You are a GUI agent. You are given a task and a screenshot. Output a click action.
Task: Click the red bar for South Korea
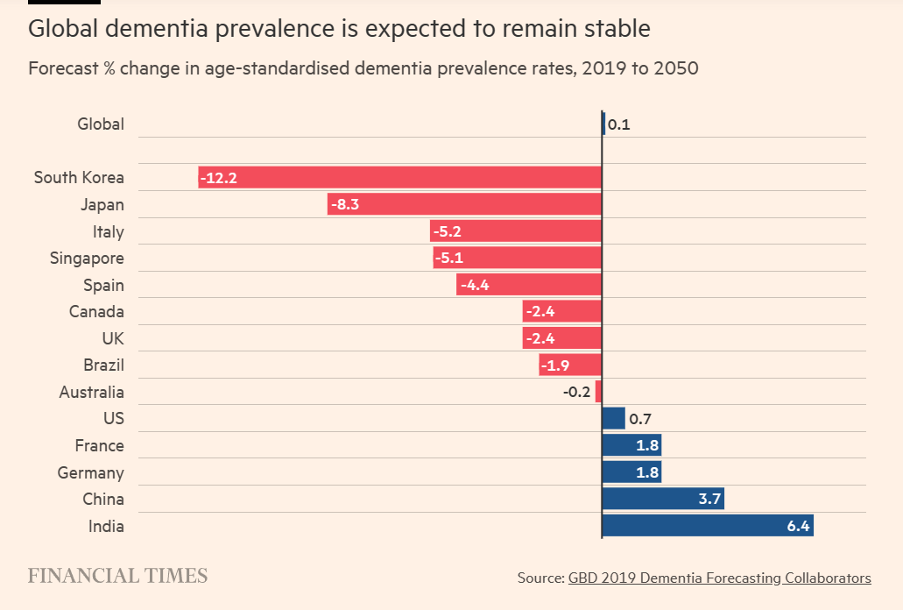click(x=399, y=177)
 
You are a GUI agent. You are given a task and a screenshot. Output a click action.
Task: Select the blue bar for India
click(x=708, y=526)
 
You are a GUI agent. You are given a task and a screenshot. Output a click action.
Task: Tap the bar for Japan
click(x=464, y=204)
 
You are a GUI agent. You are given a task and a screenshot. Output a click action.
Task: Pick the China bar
click(x=663, y=499)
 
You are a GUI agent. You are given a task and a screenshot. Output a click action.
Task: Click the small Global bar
click(x=603, y=124)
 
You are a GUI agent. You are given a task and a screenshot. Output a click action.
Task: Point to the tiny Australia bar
click(x=598, y=392)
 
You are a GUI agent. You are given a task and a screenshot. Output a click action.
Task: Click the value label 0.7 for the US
click(x=640, y=419)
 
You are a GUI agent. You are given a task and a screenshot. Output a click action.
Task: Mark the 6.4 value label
click(x=799, y=526)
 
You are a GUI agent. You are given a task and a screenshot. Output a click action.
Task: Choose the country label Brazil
click(x=103, y=365)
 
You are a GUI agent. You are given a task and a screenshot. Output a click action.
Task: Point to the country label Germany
click(x=90, y=472)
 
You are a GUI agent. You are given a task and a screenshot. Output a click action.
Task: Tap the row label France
click(x=99, y=445)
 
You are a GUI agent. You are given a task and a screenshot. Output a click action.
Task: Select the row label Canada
click(x=96, y=311)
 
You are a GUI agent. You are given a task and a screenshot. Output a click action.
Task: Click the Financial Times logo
click(x=118, y=576)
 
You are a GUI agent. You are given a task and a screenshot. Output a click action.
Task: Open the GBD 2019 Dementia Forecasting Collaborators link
click(x=719, y=578)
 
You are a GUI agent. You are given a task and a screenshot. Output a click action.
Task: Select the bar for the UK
click(x=562, y=338)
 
